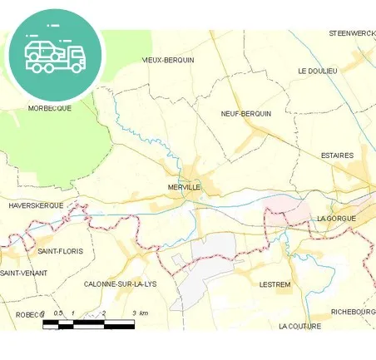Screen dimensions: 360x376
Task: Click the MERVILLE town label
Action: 184,187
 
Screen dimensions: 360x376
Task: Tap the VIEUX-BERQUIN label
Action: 168,60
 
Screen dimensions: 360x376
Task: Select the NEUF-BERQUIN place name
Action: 246,113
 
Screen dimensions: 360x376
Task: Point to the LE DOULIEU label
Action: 318,71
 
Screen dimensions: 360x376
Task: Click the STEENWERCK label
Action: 352,32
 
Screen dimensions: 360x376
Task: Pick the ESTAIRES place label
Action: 337,155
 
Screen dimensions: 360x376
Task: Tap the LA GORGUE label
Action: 336,218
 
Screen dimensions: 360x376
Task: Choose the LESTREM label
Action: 275,284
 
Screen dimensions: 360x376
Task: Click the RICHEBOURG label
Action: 353,312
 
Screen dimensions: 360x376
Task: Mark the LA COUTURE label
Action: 299,326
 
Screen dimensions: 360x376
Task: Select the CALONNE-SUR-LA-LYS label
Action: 121,284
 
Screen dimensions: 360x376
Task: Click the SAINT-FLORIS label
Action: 61,250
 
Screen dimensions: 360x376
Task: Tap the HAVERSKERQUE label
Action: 36,204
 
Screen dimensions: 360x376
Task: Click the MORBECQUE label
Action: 50,108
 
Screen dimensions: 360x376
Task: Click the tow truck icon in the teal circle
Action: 55,54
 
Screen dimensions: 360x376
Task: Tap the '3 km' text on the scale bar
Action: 140,313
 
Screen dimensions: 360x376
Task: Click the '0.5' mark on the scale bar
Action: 57,313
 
